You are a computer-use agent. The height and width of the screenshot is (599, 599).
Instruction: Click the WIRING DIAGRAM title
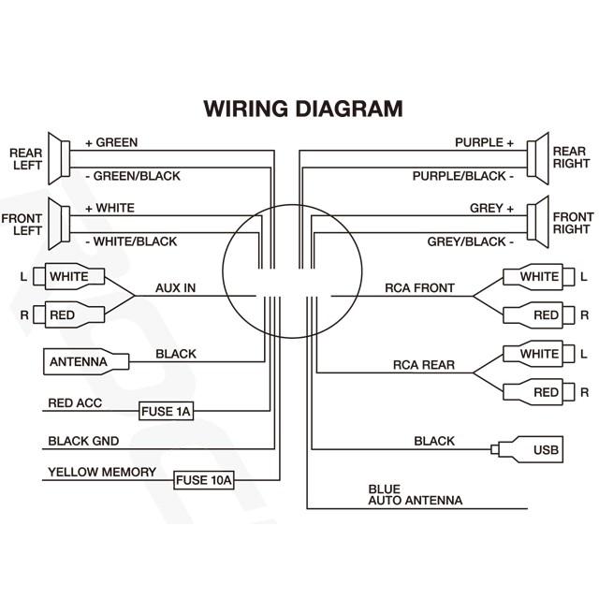(303, 108)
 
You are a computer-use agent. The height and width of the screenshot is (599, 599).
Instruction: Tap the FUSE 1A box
(166, 411)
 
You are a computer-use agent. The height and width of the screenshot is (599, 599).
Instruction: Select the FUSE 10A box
(203, 480)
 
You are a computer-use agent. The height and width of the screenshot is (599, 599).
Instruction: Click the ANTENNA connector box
(77, 361)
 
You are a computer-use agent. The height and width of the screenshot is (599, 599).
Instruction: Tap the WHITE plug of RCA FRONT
(534, 277)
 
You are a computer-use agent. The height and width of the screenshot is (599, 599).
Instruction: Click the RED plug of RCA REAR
(534, 391)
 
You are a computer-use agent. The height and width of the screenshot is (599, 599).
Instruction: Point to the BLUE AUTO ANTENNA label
(415, 494)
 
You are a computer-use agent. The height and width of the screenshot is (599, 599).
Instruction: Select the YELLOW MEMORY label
(102, 472)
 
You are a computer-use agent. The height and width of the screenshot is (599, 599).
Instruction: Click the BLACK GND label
(83, 441)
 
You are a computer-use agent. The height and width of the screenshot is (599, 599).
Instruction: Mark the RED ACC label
(75, 403)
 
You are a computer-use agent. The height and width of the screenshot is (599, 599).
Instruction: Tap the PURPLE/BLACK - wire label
(463, 176)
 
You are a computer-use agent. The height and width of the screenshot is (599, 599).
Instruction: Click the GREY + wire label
(491, 208)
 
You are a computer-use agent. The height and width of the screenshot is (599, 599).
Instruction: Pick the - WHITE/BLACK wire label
(131, 241)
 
